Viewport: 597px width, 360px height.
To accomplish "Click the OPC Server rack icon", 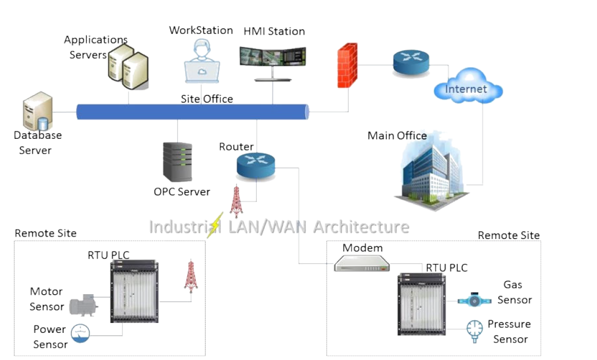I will pos(177,162).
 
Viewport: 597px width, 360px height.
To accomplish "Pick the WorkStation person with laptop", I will pos(202,62).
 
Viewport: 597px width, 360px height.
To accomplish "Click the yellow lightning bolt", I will pos(215,225).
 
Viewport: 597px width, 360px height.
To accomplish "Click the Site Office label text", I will pos(207,99).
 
